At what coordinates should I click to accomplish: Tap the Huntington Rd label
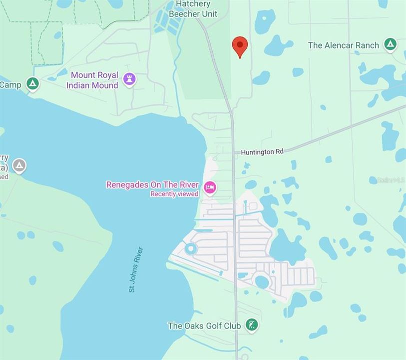[262, 151]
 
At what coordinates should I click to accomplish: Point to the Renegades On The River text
[152, 184]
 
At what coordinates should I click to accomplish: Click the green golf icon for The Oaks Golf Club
[253, 325]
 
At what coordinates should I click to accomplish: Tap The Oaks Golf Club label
[204, 325]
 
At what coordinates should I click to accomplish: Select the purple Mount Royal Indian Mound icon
[130, 79]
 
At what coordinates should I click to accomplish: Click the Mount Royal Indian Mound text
[94, 80]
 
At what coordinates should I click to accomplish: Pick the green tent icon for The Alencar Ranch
[391, 45]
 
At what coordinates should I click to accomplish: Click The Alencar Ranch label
[344, 45]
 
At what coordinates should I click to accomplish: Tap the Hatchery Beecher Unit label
[193, 9]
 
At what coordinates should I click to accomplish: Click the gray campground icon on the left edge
[19, 165]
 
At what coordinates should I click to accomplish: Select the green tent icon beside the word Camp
[33, 84]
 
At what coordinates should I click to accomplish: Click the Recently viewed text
[174, 194]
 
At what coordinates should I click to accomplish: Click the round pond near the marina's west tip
[191, 248]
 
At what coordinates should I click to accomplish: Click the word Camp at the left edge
[10, 84]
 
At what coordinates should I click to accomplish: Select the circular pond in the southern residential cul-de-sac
[262, 281]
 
